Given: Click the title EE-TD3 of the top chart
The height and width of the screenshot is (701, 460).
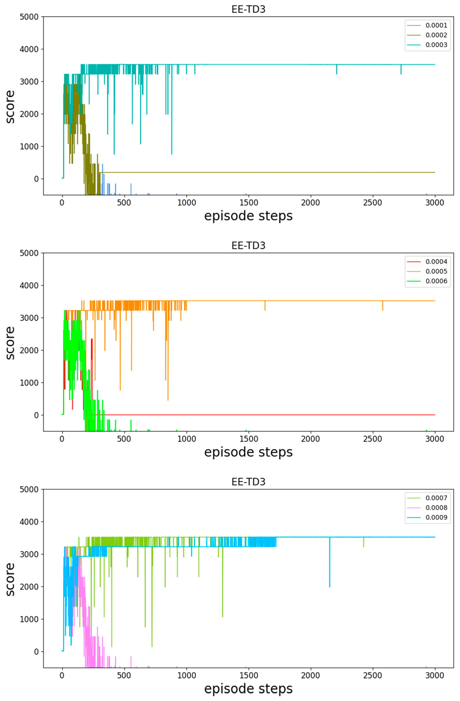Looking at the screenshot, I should pos(248,9).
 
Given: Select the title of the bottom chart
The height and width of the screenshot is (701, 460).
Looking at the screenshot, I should pos(248,482).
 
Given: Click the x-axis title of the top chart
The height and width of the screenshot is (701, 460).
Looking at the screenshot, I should pos(248,216).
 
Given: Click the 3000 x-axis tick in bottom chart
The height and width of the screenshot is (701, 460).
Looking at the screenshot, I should pos(435,675).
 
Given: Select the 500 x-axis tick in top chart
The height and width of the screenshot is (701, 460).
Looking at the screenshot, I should pos(124,203).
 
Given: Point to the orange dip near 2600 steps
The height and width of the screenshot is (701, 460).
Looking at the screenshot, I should pos(383,306).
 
